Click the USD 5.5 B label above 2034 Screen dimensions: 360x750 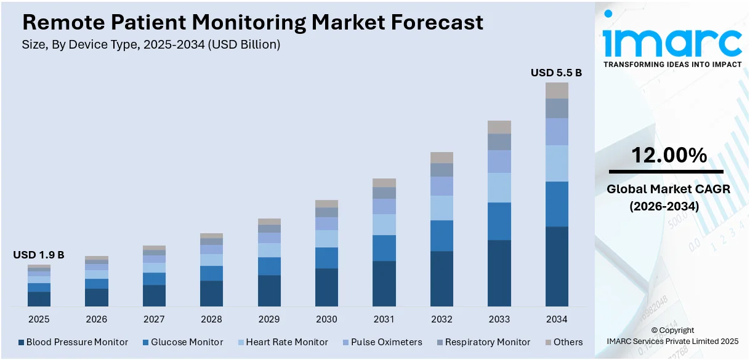[x=556, y=73]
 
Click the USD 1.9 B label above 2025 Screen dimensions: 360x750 [x=38, y=255]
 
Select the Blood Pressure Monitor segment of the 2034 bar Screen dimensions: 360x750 [x=557, y=266]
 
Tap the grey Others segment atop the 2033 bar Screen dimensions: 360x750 [x=499, y=127]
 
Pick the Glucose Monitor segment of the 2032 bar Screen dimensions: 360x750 [x=442, y=235]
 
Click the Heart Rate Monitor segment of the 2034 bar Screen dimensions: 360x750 [x=557, y=163]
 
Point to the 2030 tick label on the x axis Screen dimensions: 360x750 [x=326, y=319]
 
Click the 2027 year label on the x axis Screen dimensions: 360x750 [x=154, y=319]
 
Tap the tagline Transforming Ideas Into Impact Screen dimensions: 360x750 [x=672, y=64]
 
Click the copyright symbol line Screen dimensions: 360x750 [x=672, y=330]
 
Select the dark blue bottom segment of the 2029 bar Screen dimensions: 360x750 [x=269, y=290]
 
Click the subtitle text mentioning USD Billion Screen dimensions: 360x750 [x=151, y=44]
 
